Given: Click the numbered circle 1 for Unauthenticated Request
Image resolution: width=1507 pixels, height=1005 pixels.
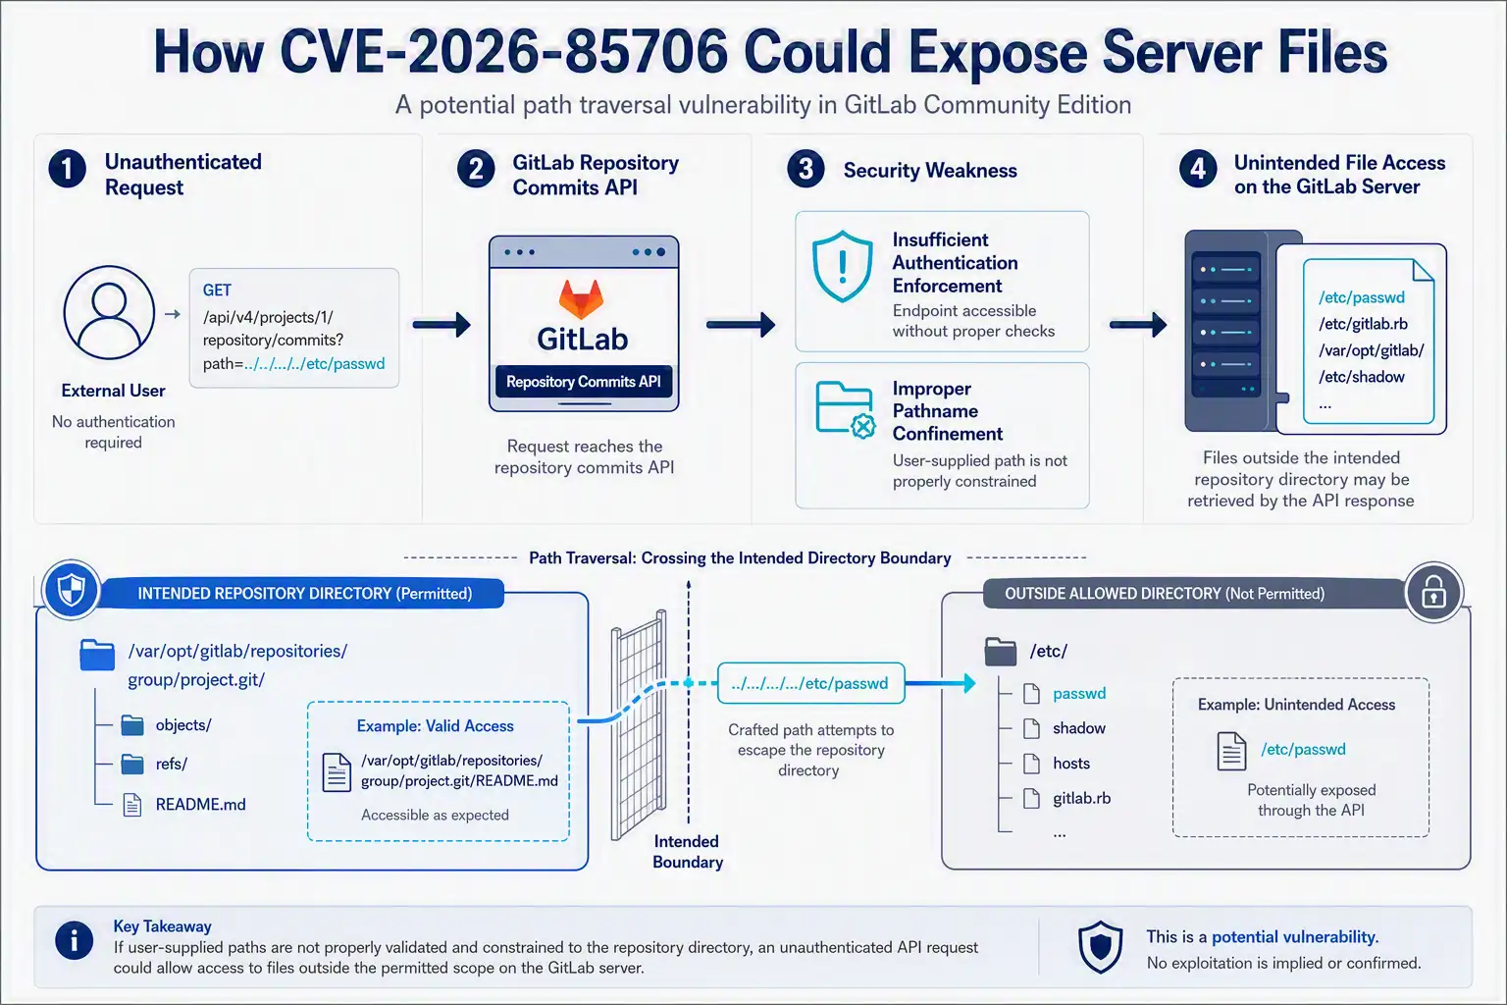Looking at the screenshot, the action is point(68,168).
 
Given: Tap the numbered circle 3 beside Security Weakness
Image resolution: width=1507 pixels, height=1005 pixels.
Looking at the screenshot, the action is point(805,168).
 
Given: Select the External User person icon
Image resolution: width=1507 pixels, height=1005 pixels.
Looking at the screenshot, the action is point(109,312).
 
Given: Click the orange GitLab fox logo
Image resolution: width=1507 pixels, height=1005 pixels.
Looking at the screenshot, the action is point(582,298).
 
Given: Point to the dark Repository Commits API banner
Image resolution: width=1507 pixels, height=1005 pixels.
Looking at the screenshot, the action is point(584,382).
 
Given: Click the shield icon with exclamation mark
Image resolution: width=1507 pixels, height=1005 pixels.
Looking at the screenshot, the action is point(843,266).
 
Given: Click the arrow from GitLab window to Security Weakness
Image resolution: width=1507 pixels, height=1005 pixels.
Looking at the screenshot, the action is point(740,325).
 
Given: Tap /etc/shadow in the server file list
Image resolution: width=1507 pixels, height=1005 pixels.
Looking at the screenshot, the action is point(1361,377).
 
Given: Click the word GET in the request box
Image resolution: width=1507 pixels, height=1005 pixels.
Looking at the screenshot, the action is point(217,291).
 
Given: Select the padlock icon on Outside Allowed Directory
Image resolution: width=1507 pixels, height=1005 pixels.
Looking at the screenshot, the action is point(1433,593).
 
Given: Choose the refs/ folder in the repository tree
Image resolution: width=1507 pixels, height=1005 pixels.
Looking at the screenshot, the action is point(154,764).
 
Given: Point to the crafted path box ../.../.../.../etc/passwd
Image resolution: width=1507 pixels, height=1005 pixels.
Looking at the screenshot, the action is point(810,683).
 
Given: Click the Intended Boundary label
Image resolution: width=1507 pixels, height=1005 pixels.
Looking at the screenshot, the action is point(688,852).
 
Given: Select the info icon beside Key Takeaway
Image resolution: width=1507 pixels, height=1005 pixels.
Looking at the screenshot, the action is point(74,939).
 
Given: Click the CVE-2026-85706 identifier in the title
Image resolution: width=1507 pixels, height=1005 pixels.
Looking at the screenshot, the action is point(504,52).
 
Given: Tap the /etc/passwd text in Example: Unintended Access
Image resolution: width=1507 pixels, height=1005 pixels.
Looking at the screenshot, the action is point(1303,749).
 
